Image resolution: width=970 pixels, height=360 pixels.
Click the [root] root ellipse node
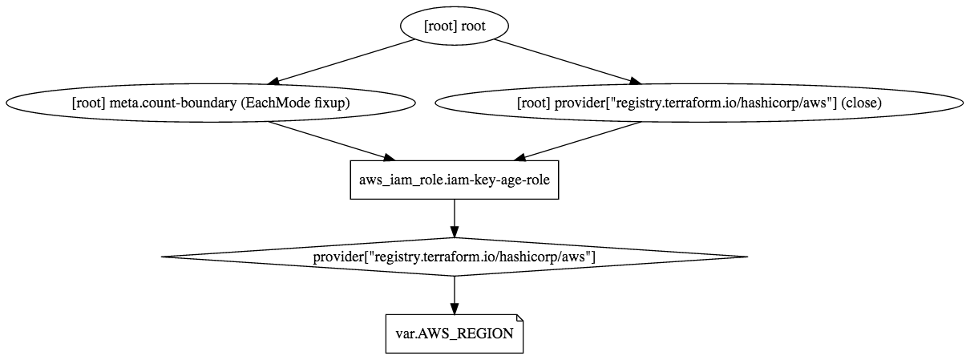pyautogui.click(x=454, y=26)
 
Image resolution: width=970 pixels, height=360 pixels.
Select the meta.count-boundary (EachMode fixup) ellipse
pyautogui.click(x=211, y=103)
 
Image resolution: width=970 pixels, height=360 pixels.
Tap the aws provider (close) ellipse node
pyautogui.click(x=698, y=103)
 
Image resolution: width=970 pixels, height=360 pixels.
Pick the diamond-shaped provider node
pyautogui.click(x=454, y=257)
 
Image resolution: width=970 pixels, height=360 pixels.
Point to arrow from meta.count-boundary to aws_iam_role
pyautogui.click(x=329, y=140)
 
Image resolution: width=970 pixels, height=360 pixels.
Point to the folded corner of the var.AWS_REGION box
pyautogui.click(x=519, y=318)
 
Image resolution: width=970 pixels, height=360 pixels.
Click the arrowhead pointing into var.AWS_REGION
pyautogui.click(x=455, y=308)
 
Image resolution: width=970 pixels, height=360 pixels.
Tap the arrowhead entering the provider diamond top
pyautogui.click(x=455, y=232)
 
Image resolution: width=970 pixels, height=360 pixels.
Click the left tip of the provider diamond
pyautogui.click(x=164, y=257)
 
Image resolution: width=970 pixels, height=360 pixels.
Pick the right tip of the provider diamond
pyautogui.click(x=746, y=257)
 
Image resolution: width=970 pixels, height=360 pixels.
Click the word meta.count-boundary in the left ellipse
pyautogui.click(x=171, y=103)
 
